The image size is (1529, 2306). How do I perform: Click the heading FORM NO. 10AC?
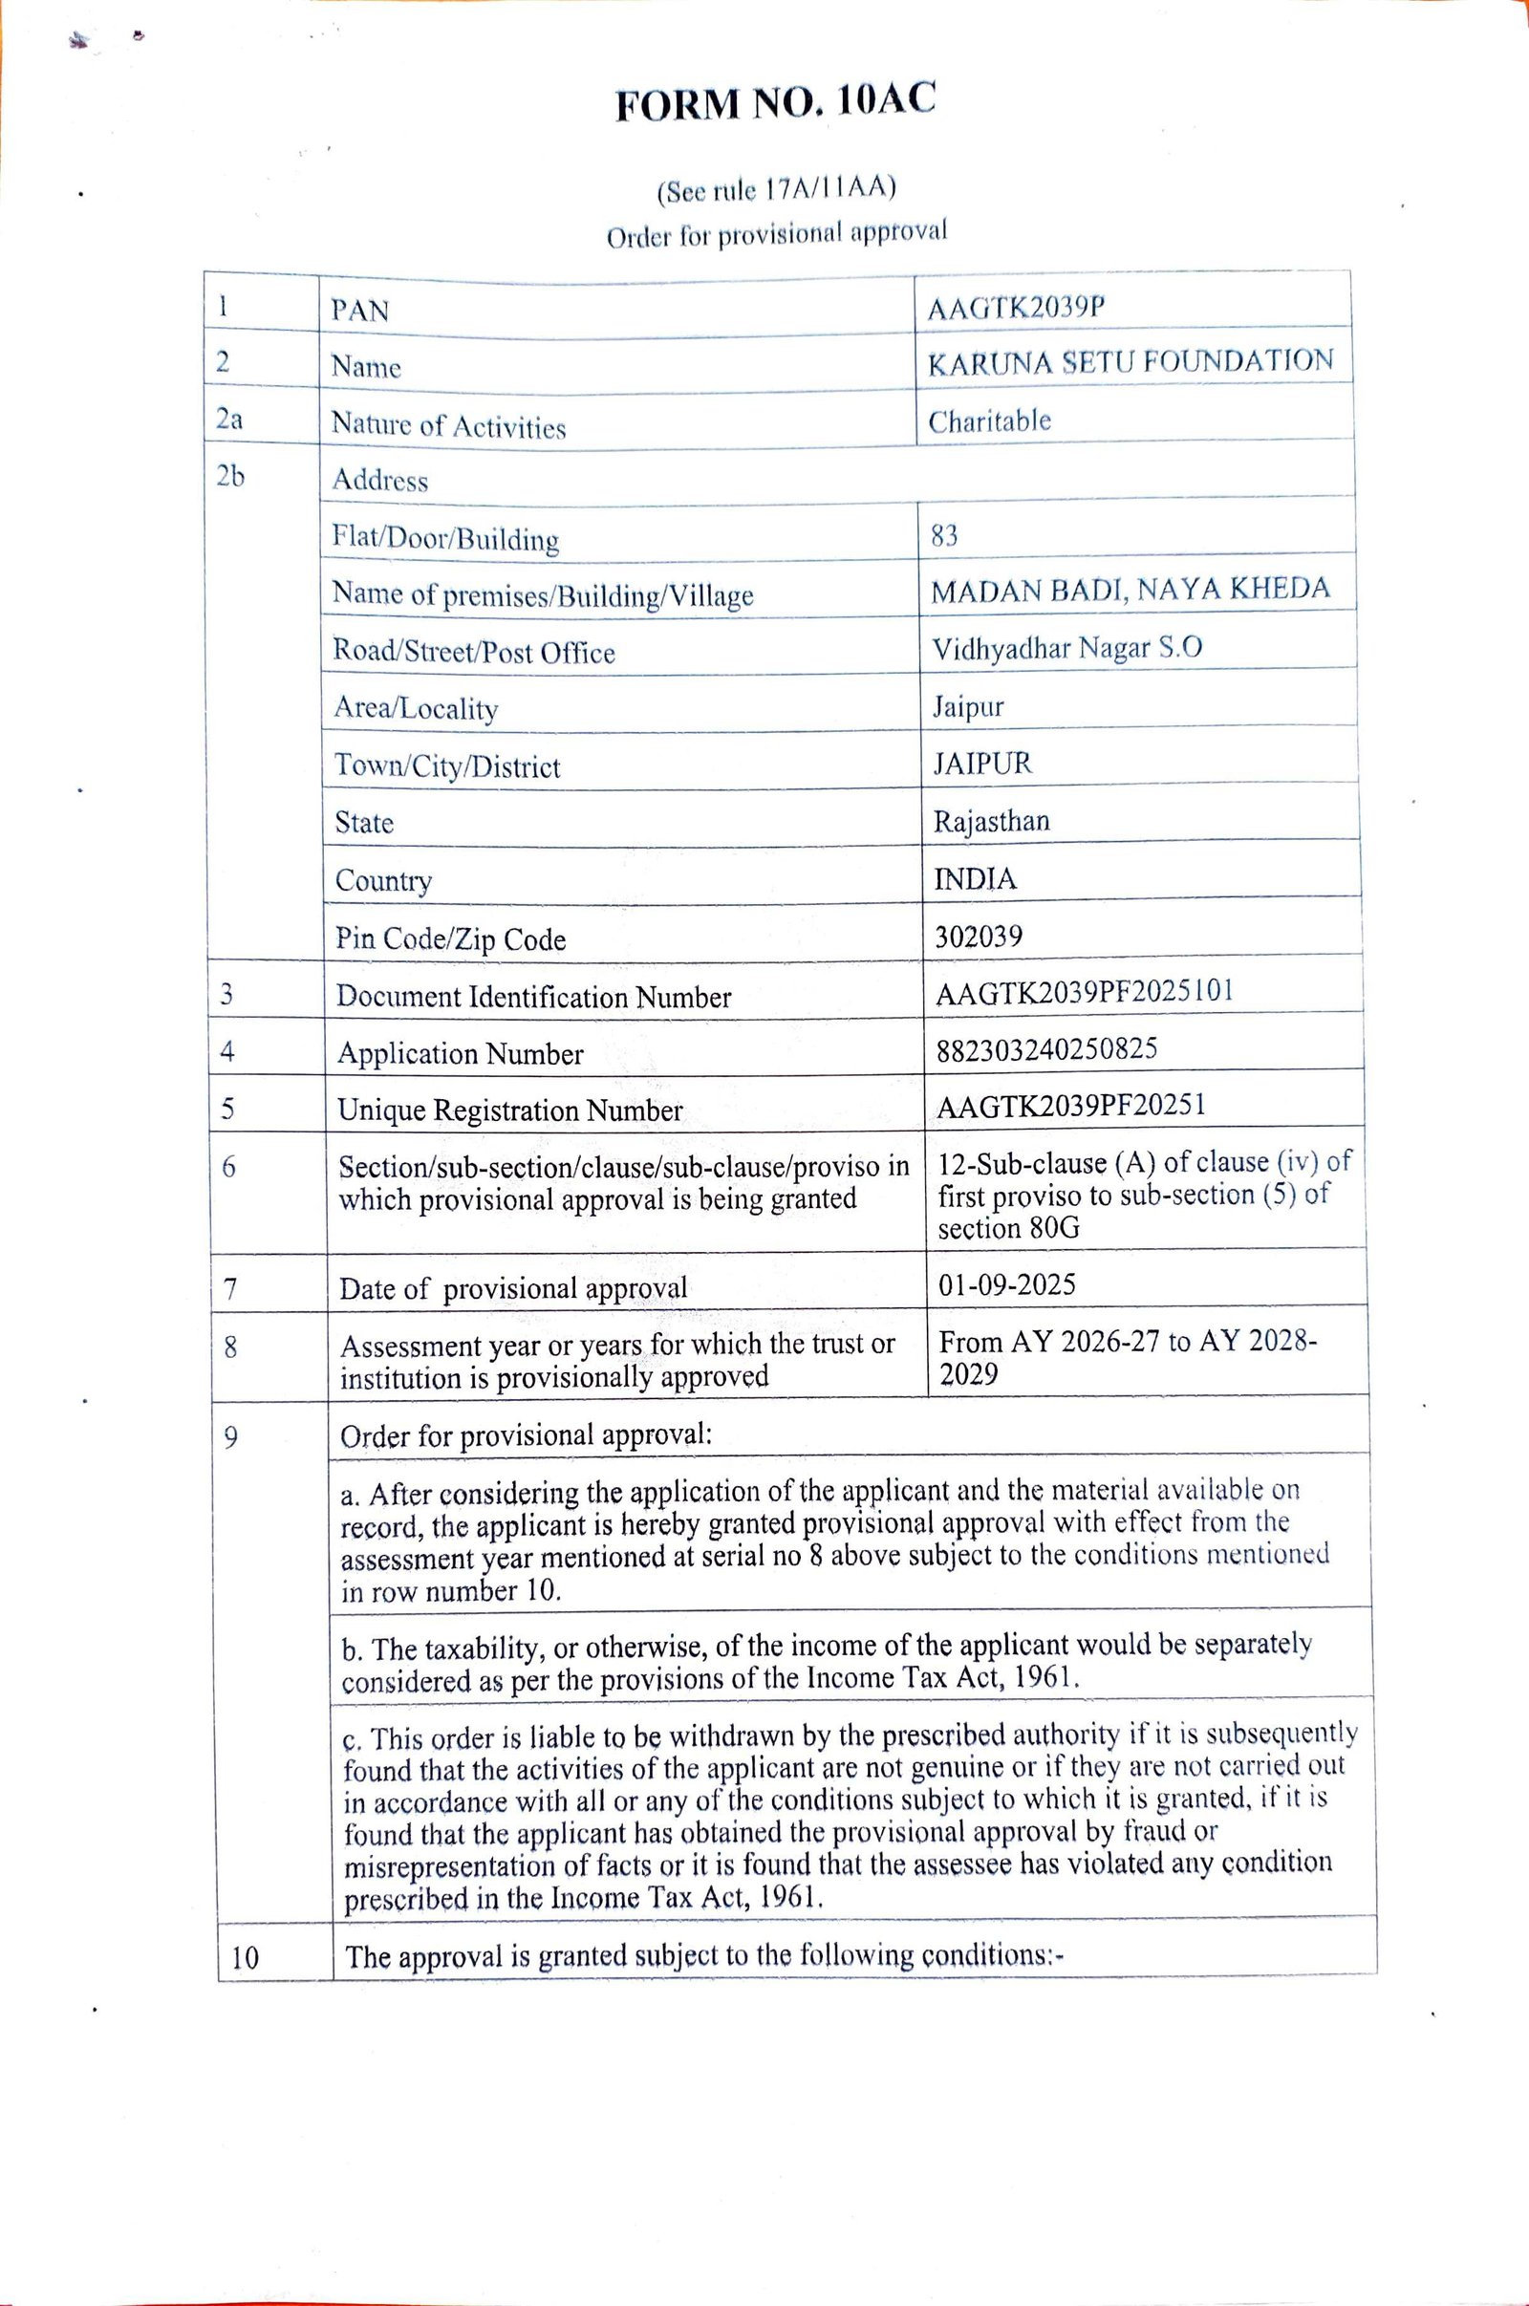tap(775, 101)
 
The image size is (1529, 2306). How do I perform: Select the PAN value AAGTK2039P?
tap(1017, 308)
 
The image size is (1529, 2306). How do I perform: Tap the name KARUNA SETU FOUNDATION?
tap(1131, 363)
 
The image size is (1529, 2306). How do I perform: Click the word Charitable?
tap(989, 421)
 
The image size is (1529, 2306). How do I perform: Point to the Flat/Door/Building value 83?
tap(945, 535)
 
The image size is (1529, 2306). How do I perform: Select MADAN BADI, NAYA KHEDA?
tap(1130, 590)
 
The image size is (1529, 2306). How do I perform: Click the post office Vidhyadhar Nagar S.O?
tap(1066, 648)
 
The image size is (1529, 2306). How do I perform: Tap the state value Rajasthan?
tap(991, 821)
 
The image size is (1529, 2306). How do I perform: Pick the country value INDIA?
tap(975, 879)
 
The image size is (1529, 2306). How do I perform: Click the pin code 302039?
tap(978, 937)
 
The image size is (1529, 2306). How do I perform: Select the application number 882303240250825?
tap(1046, 1049)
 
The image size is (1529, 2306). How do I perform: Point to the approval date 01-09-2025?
tap(1006, 1284)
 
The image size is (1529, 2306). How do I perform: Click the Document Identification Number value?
tap(1085, 992)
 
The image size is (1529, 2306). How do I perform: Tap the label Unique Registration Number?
tap(510, 1110)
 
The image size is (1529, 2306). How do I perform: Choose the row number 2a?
tap(229, 419)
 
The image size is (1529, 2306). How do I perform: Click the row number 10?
tap(246, 1957)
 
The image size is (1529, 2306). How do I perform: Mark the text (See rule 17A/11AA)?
tap(775, 189)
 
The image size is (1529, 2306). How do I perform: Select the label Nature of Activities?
tap(448, 426)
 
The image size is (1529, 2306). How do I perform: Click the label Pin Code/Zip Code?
tap(450, 939)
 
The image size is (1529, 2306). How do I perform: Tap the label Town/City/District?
tap(447, 766)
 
